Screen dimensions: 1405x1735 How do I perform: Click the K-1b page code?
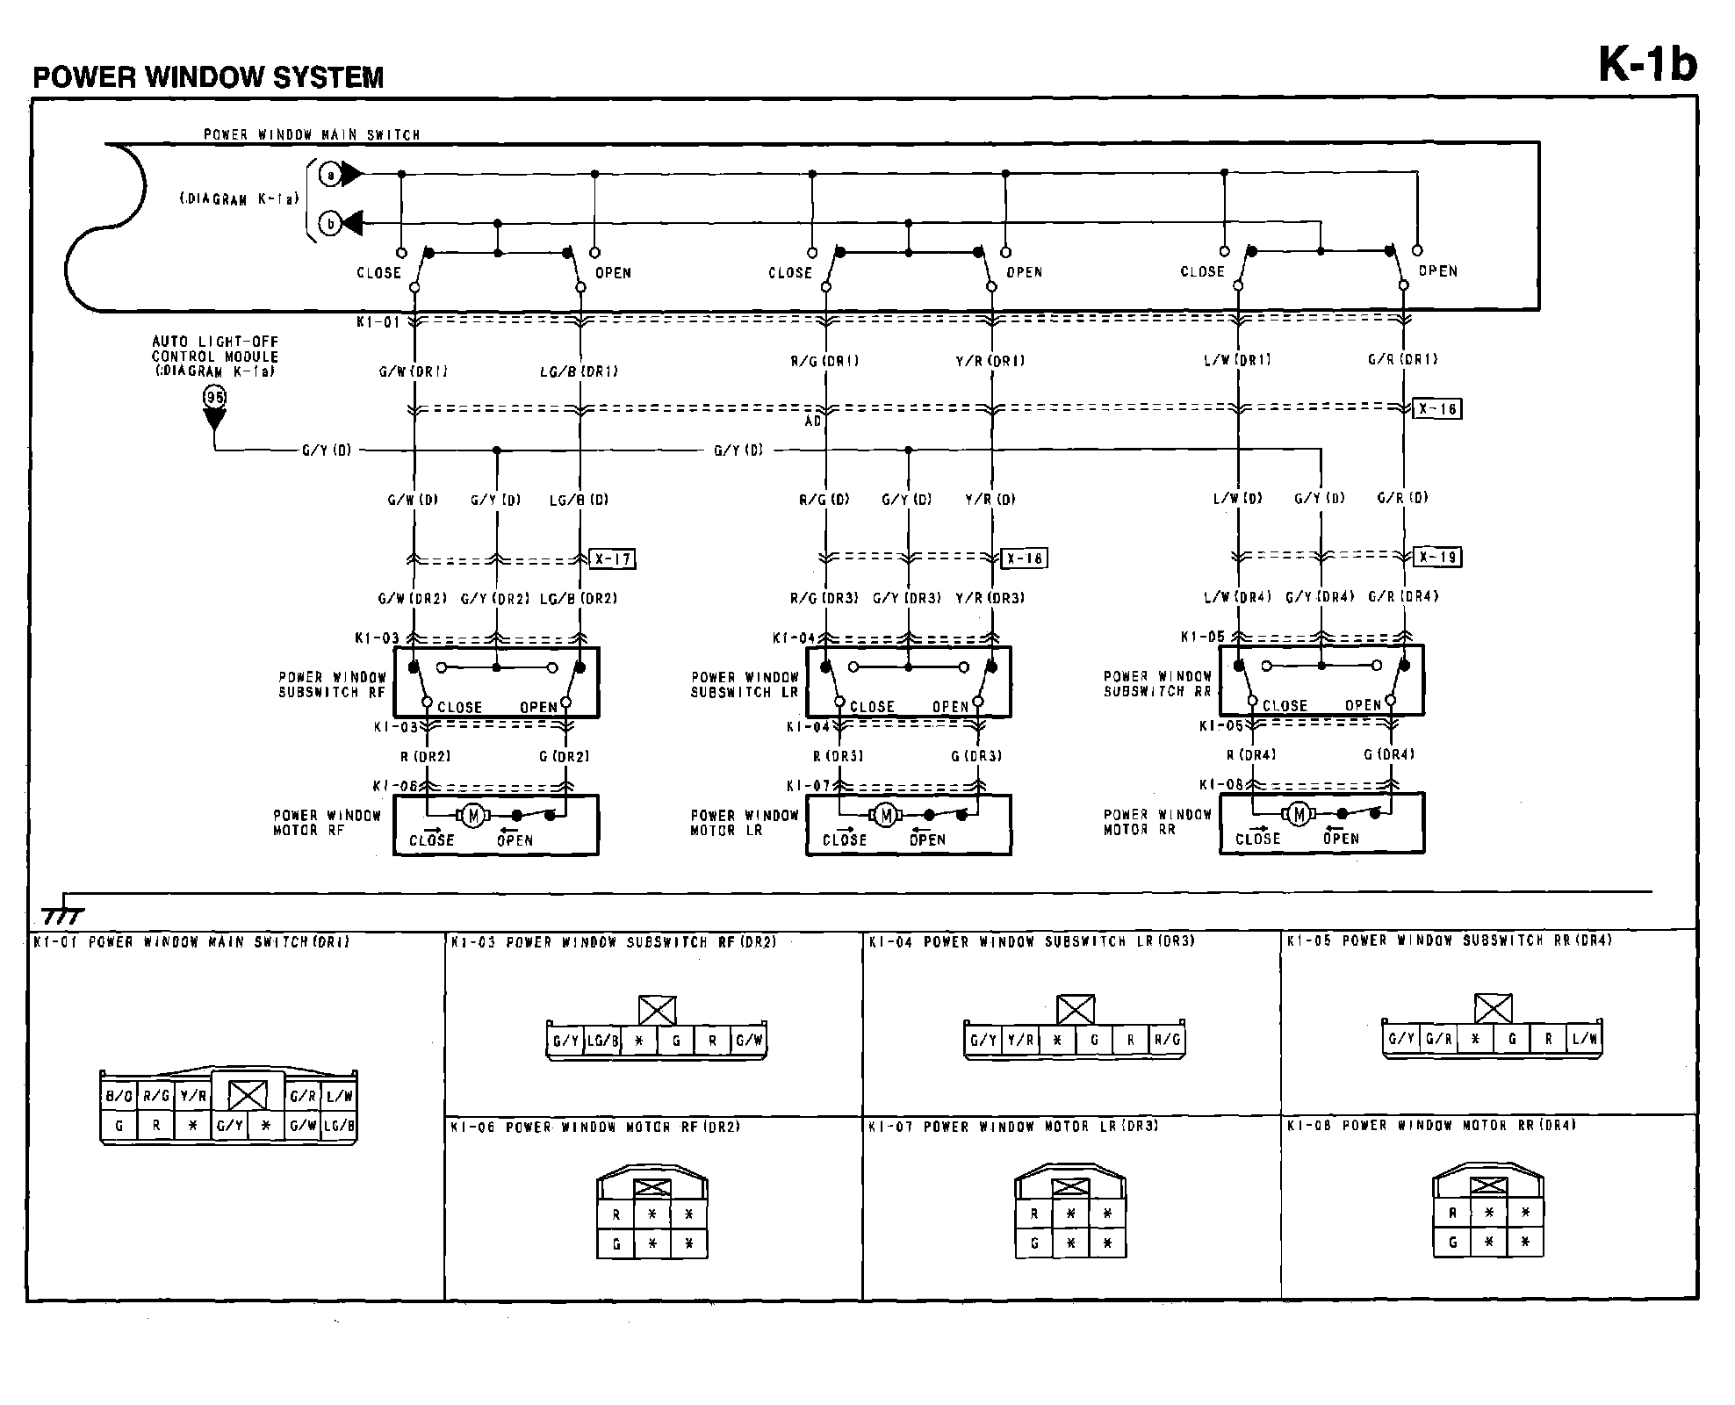[x=1647, y=64]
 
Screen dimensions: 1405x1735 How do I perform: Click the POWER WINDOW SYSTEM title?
[x=208, y=77]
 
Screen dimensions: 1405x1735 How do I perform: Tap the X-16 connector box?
[x=1437, y=408]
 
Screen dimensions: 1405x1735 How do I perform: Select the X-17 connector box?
[x=612, y=558]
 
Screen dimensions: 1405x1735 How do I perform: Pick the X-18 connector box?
[x=1024, y=558]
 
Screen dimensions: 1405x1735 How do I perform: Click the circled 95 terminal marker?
[x=214, y=397]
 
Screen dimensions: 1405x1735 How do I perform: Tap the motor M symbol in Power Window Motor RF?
[x=474, y=816]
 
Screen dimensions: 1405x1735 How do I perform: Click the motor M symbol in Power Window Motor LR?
[x=886, y=816]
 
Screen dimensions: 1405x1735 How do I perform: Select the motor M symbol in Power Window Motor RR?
[x=1299, y=814]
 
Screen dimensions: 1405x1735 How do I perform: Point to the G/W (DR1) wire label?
[x=413, y=371]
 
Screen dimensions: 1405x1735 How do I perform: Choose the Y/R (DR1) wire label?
[x=990, y=361]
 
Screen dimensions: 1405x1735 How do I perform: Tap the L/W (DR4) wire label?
[x=1237, y=597]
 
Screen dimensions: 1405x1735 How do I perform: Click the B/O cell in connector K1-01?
[x=119, y=1096]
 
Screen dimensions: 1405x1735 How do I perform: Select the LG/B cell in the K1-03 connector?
[x=602, y=1041]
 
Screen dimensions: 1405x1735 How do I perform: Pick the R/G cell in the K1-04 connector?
[x=1167, y=1041]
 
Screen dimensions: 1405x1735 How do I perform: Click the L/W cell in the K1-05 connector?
[x=1585, y=1039]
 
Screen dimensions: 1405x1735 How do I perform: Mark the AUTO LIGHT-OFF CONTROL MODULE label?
[x=215, y=357]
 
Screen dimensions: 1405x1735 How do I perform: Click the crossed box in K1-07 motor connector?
[x=1070, y=1187]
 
